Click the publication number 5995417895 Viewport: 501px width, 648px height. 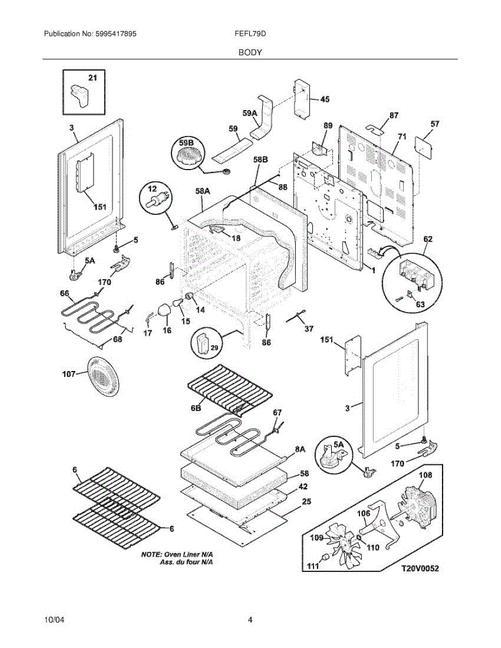pyautogui.click(x=116, y=33)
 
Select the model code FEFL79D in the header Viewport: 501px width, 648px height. pyautogui.click(x=250, y=33)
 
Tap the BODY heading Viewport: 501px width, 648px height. pyautogui.click(x=250, y=52)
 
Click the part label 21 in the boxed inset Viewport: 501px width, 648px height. pyautogui.click(x=92, y=78)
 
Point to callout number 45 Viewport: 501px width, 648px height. pyautogui.click(x=324, y=99)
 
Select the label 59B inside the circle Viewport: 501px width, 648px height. pyautogui.click(x=186, y=143)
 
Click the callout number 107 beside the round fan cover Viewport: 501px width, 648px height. pyautogui.click(x=69, y=374)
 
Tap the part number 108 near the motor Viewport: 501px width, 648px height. pyautogui.click(x=425, y=475)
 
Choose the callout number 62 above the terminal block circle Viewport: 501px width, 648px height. pyautogui.click(x=427, y=239)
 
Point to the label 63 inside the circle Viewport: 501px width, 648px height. pyautogui.click(x=420, y=305)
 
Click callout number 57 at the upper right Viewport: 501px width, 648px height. pyautogui.click(x=435, y=124)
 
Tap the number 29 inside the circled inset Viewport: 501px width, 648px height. pyautogui.click(x=215, y=347)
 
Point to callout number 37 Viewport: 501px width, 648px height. pyautogui.click(x=309, y=329)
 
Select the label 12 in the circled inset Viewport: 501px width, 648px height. pyautogui.click(x=152, y=189)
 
